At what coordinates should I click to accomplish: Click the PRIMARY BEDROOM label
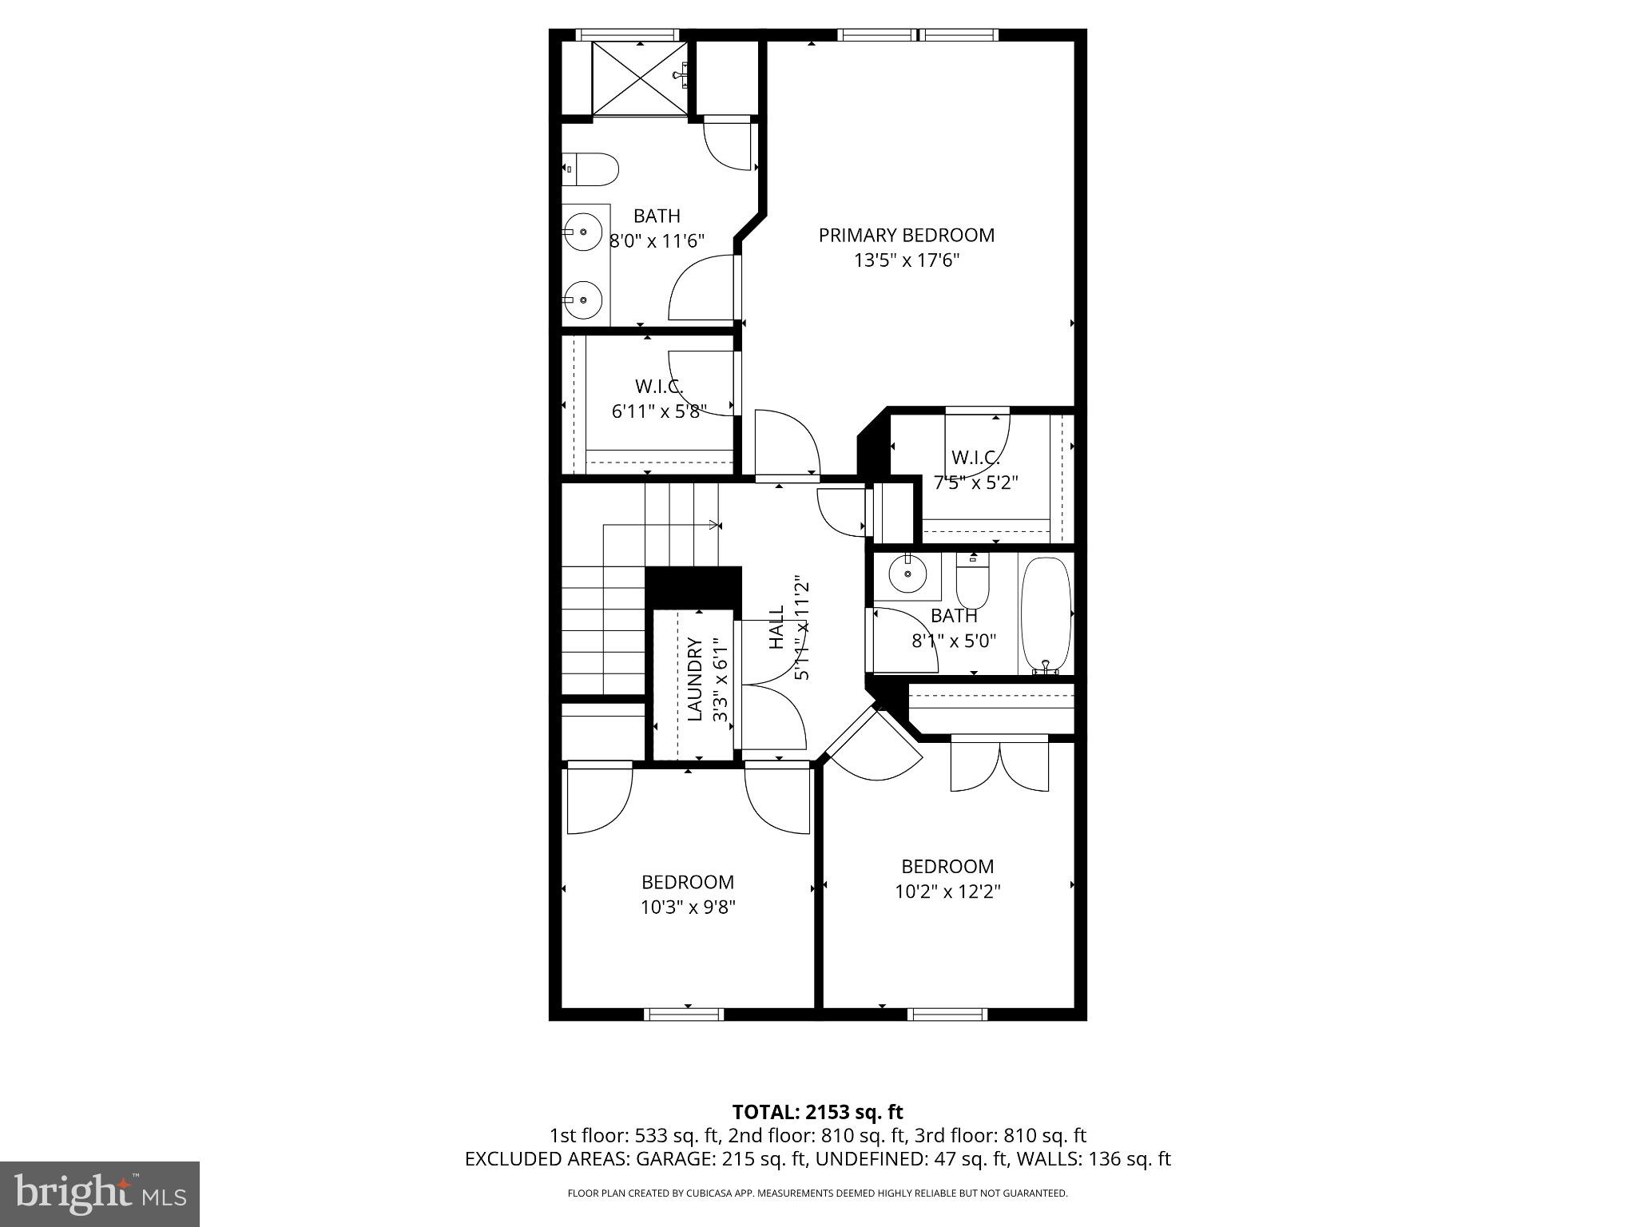(x=906, y=235)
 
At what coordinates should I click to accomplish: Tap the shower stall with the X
(x=638, y=77)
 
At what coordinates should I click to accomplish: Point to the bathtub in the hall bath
(x=1045, y=615)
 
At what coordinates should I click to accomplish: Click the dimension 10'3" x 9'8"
(x=687, y=907)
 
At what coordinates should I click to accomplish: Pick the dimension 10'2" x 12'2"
(x=947, y=891)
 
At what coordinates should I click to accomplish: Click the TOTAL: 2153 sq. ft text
(x=817, y=1112)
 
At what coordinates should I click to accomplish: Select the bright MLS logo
(x=99, y=1193)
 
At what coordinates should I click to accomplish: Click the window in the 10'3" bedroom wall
(x=684, y=1015)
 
